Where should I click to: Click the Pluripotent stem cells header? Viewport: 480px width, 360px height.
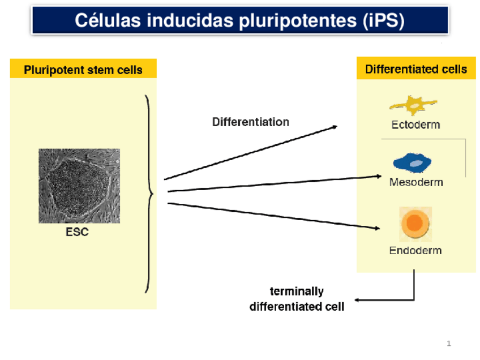[x=83, y=70]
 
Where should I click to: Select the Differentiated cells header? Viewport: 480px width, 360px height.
[x=416, y=69]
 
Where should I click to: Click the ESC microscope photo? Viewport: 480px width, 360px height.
[x=79, y=186]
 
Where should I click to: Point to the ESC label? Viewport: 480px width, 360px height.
[x=78, y=232]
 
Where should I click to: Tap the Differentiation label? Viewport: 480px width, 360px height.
[x=250, y=122]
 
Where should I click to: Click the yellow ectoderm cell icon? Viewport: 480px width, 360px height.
[x=413, y=105]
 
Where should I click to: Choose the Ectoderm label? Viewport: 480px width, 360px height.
[x=415, y=125]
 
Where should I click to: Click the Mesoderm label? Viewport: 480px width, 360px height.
[x=416, y=182]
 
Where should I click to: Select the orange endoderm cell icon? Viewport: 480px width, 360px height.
[x=415, y=223]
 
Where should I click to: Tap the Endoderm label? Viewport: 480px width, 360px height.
[x=415, y=250]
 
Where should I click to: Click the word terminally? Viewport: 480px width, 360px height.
[x=297, y=292]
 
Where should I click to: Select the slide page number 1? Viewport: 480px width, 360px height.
[x=449, y=343]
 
